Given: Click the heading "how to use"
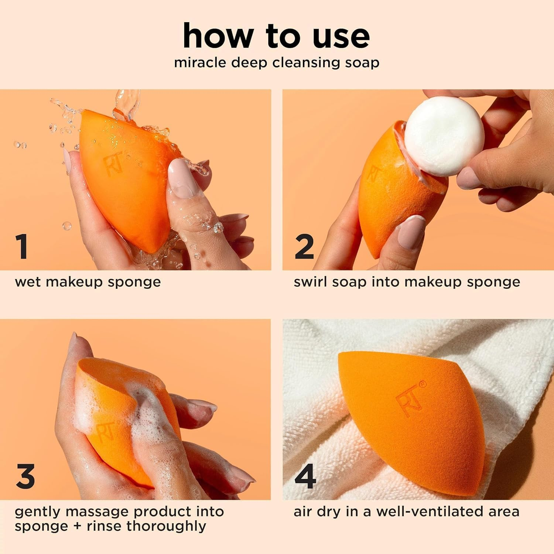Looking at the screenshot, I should pyautogui.click(x=276, y=36).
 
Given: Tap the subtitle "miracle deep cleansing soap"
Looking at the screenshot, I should pyautogui.click(x=276, y=63).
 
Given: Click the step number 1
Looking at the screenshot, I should pyautogui.click(x=22, y=246).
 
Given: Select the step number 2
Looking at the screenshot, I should pyautogui.click(x=304, y=246).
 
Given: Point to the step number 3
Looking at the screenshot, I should pyautogui.click(x=25, y=476).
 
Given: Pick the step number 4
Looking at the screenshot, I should pyautogui.click(x=305, y=476).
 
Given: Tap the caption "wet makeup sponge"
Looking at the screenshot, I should pyautogui.click(x=88, y=282).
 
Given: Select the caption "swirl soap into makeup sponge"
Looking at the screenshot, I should pyautogui.click(x=407, y=282).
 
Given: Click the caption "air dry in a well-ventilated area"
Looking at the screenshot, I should pyautogui.click(x=406, y=512).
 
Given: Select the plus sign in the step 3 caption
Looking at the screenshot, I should pyautogui.click(x=77, y=526).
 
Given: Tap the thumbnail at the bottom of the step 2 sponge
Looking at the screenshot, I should pyautogui.click(x=412, y=232).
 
